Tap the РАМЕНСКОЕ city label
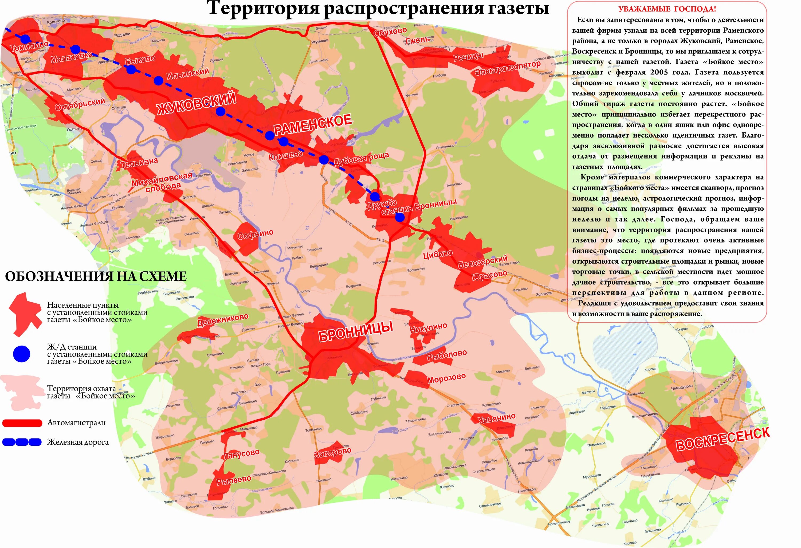click(x=312, y=125)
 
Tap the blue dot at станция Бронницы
click(x=399, y=217)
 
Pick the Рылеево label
click(x=234, y=480)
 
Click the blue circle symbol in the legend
click(x=21, y=354)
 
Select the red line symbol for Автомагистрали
click(x=22, y=422)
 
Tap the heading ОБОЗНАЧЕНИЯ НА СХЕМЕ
click(x=96, y=276)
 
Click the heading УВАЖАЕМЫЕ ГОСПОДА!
click(x=667, y=9)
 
